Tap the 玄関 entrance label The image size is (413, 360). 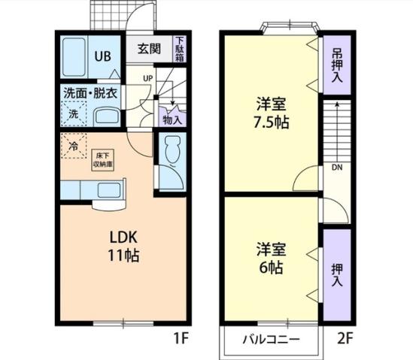coord(149,50)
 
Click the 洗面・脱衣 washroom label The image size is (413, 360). coord(90,93)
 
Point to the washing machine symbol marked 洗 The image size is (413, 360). coord(74,114)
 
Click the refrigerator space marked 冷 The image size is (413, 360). coord(74,146)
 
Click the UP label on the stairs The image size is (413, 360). coord(147,77)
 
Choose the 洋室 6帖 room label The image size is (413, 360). coord(272,257)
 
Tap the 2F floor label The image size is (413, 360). coord(345,339)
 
